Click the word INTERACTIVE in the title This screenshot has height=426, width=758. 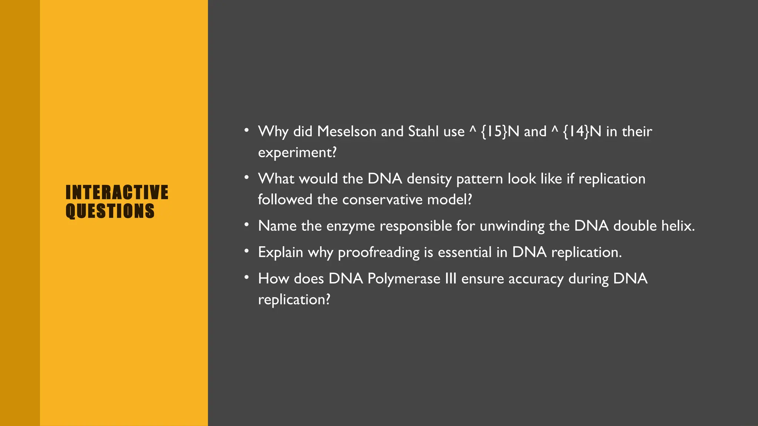117,192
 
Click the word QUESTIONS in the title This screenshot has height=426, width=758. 110,211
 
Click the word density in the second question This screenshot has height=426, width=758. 429,179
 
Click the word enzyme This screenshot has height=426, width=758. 351,226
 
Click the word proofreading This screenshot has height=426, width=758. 379,253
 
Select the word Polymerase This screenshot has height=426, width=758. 404,279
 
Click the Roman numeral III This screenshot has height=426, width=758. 450,279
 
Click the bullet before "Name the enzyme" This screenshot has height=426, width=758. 246,225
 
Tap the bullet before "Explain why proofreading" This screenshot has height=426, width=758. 246,251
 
